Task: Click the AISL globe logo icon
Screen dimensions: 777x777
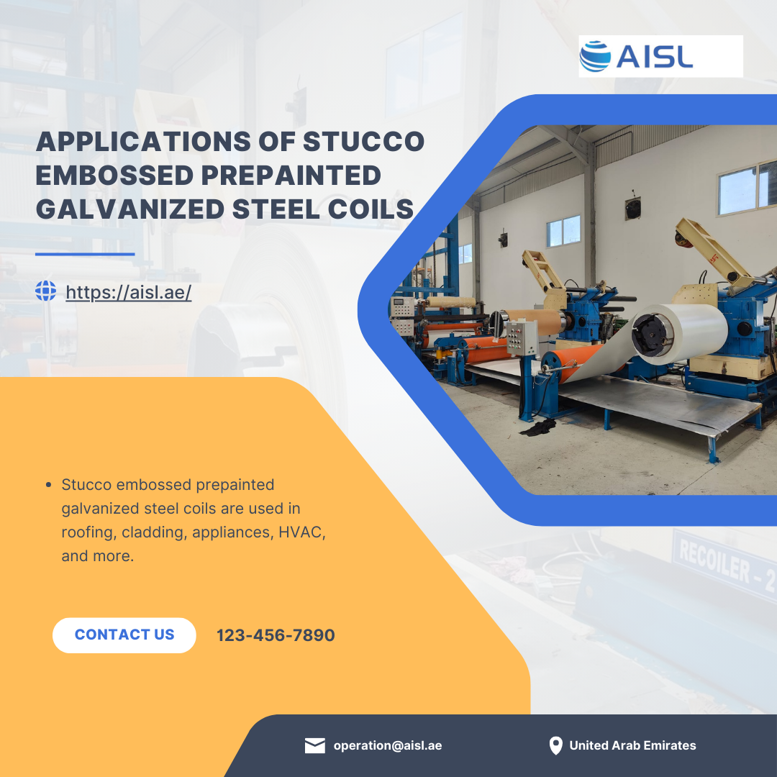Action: (595, 57)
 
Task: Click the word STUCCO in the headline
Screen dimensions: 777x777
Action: (364, 142)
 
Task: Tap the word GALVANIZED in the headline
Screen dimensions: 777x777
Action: (130, 209)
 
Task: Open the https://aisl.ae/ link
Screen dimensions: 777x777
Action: (128, 292)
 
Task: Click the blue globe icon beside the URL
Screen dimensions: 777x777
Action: (45, 291)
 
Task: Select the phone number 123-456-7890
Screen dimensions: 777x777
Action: (276, 635)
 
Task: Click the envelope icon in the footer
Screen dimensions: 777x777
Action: (315, 745)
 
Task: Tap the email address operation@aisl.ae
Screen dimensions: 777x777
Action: (388, 745)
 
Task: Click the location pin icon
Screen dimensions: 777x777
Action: (556, 745)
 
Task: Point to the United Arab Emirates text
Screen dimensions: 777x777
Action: (633, 745)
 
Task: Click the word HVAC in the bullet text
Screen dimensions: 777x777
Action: (301, 532)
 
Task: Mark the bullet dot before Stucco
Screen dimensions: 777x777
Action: (48, 485)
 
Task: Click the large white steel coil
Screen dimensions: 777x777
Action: (679, 334)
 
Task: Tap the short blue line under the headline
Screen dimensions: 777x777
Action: (85, 254)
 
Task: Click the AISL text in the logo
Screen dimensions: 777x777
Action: (655, 57)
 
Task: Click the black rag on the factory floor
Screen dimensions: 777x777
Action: (538, 427)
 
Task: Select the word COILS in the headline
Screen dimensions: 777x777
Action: (371, 209)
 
